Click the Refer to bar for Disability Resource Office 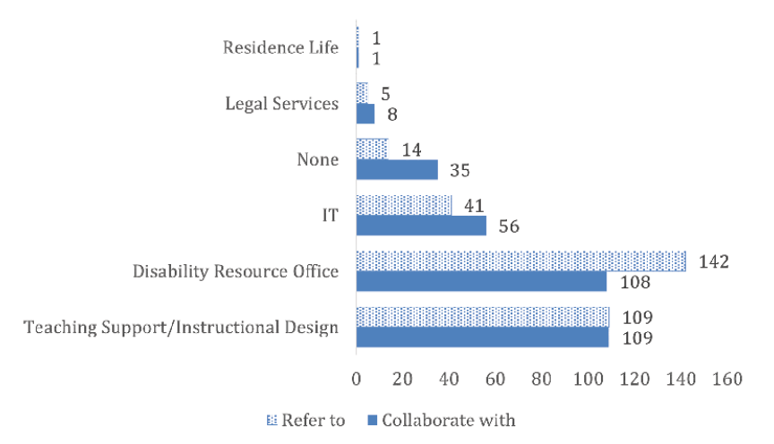tap(520, 260)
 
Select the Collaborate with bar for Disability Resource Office tap(481, 282)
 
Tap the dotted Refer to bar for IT tap(404, 204)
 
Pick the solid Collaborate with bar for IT tap(421, 226)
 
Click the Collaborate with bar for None tap(397, 169)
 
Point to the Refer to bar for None tap(372, 148)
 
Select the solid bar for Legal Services tap(365, 114)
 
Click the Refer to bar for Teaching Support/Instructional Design tap(482, 317)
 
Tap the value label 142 tap(716, 261)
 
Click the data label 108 tap(635, 283)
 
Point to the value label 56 tap(508, 226)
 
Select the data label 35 tap(459, 170)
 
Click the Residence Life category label tap(280, 47)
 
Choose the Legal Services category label tap(281, 103)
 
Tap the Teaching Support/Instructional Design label tap(181, 327)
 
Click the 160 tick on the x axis tap(727, 380)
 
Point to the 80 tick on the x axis tap(542, 380)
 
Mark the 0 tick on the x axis tap(357, 380)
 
